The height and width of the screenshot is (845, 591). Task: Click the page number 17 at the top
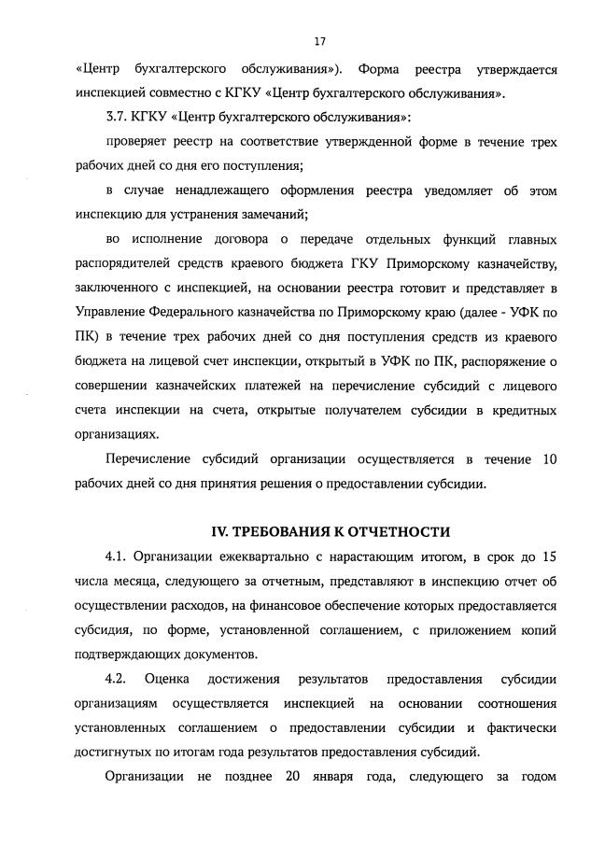point(319,42)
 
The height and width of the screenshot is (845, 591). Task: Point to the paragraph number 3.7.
point(119,118)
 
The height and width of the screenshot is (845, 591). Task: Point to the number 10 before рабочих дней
point(549,458)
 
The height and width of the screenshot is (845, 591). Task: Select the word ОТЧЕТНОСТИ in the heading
point(402,532)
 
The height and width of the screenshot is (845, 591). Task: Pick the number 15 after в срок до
point(549,557)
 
